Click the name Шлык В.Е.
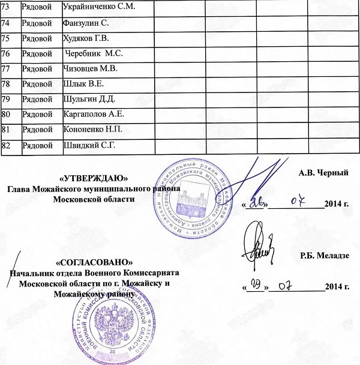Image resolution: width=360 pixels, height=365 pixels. click(83, 83)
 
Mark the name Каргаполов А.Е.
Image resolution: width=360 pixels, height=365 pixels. click(93, 114)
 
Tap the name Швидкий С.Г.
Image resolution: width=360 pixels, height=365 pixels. click(90, 145)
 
